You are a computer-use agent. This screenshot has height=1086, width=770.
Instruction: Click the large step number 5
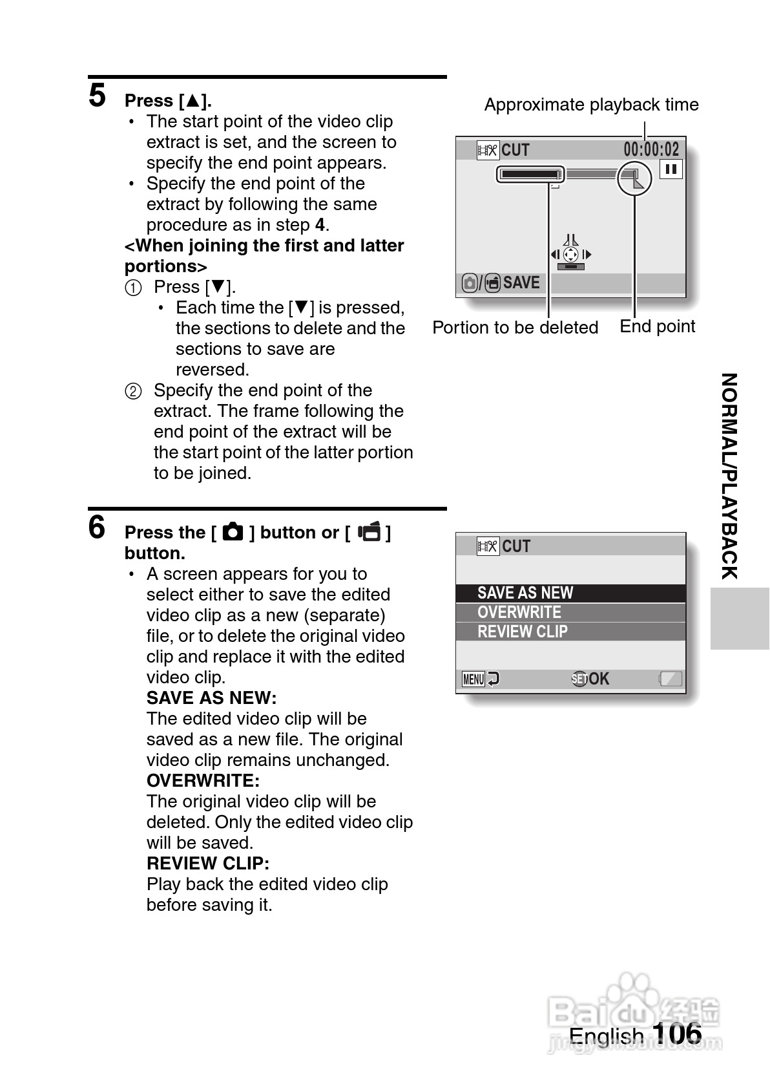click(98, 96)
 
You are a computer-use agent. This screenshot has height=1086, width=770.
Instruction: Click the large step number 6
click(97, 527)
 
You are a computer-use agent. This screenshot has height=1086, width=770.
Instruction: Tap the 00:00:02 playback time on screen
click(651, 150)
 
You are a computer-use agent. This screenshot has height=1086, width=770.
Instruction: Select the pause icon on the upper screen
click(671, 169)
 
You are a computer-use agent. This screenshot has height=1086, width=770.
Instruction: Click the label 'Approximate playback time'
click(591, 105)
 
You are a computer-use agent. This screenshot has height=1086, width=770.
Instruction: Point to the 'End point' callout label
click(657, 326)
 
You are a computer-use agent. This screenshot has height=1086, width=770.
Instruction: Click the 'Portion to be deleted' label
click(515, 328)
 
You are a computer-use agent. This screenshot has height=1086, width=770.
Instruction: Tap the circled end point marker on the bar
click(634, 178)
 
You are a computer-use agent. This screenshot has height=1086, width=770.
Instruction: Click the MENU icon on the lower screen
click(473, 679)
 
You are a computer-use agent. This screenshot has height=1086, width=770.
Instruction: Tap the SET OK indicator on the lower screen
click(590, 679)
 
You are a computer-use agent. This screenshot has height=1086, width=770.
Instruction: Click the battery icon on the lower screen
click(671, 679)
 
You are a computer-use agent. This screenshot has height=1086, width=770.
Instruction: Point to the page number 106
click(676, 1033)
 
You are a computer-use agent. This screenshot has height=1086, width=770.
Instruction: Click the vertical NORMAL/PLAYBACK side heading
click(729, 476)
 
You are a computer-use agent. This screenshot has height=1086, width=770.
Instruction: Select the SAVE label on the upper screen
click(521, 282)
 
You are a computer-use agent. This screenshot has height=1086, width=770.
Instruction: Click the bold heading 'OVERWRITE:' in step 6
click(203, 781)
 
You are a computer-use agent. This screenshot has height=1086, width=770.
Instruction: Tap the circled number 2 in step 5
click(133, 391)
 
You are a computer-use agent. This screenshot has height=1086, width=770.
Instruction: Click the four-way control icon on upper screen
click(570, 254)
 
